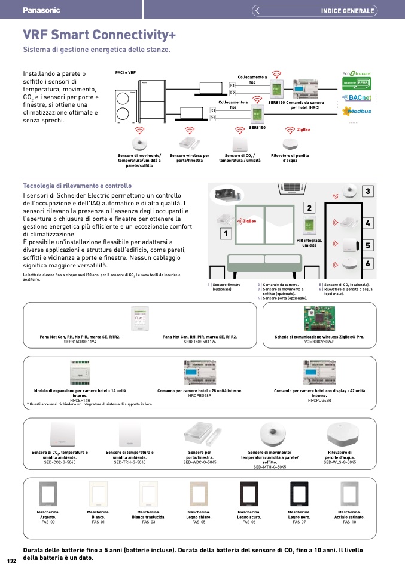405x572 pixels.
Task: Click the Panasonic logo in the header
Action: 41,10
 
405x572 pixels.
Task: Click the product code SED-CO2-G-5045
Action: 60,462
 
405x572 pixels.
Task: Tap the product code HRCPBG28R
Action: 199,395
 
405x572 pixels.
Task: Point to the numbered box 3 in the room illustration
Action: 367,192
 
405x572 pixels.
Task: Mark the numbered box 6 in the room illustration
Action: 367,263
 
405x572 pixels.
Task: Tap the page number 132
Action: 11,561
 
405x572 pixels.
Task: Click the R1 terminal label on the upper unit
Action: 232,86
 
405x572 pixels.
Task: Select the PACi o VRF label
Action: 126,72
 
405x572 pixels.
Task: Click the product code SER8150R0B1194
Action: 80,342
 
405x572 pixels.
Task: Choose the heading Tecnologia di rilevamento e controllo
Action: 77,186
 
